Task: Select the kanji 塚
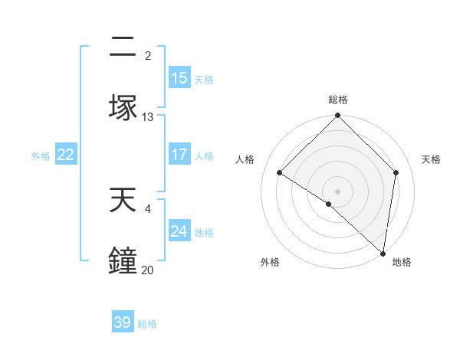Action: pyautogui.click(x=123, y=106)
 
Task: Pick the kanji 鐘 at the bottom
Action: pyautogui.click(x=123, y=259)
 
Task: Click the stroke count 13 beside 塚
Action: pyautogui.click(x=148, y=117)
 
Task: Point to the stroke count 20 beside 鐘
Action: pyautogui.click(x=148, y=270)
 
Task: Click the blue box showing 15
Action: pyautogui.click(x=179, y=78)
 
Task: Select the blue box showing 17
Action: pyautogui.click(x=179, y=155)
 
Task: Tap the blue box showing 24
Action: pyautogui.click(x=179, y=231)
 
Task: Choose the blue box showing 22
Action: pyautogui.click(x=66, y=155)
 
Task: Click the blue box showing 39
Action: pyautogui.click(x=123, y=322)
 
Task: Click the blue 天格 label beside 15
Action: pyautogui.click(x=204, y=79)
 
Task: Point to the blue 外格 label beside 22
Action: pyautogui.click(x=41, y=155)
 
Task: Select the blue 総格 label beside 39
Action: pyautogui.click(x=147, y=323)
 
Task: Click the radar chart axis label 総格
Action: pyautogui.click(x=338, y=100)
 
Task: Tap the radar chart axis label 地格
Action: pyautogui.click(x=402, y=263)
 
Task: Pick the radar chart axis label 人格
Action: pyautogui.click(x=245, y=159)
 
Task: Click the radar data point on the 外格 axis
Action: pyautogui.click(x=328, y=205)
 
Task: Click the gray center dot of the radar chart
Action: pyautogui.click(x=338, y=191)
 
